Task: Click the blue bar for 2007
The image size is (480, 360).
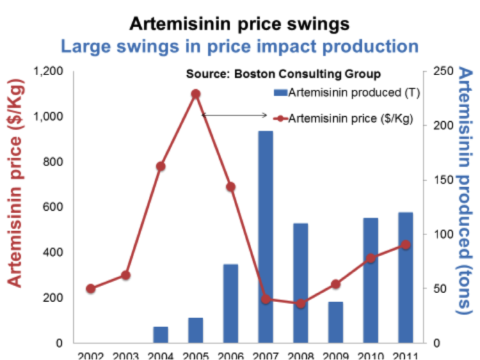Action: tap(266, 237)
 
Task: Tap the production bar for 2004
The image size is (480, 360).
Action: tap(161, 334)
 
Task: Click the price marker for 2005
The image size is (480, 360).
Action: tap(196, 94)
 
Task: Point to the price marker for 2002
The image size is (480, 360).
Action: tap(91, 288)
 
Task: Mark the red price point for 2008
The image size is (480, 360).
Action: tap(300, 303)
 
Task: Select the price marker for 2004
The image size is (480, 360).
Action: tap(161, 166)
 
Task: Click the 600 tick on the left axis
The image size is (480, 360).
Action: tap(54, 207)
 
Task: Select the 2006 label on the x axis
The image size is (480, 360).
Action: tap(230, 355)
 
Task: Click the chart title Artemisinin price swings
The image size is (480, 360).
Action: tap(239, 24)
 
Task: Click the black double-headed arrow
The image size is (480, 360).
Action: tap(234, 115)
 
